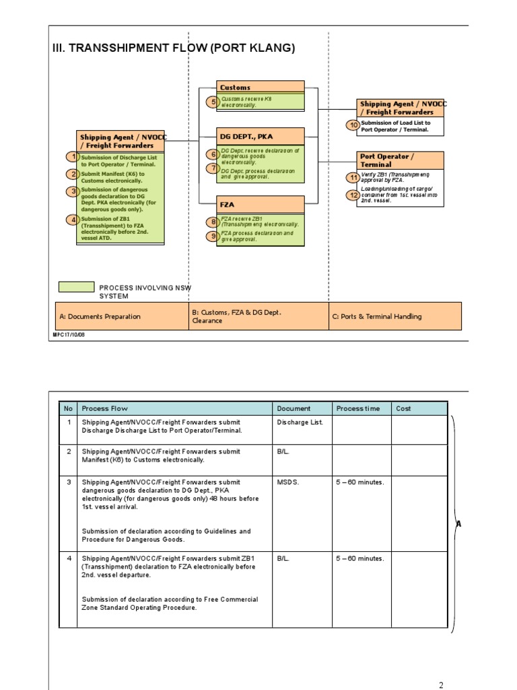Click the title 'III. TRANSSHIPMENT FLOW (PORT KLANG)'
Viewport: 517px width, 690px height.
[x=174, y=49]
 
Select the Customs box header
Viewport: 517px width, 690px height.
[x=261, y=87]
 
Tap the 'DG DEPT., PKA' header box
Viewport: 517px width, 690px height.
[x=261, y=136]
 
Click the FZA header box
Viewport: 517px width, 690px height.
[x=261, y=204]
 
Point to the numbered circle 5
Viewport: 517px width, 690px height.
[x=213, y=102]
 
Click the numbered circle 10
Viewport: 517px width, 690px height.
[x=353, y=125]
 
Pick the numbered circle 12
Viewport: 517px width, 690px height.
[x=353, y=195]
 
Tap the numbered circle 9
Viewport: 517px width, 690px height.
[x=213, y=236]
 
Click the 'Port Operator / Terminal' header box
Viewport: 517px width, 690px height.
[x=401, y=160]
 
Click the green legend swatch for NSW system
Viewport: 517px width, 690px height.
[x=76, y=287]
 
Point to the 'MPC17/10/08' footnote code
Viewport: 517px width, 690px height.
[x=69, y=334]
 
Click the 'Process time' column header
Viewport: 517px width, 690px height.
[x=358, y=408]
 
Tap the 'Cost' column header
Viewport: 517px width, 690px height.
[x=404, y=408]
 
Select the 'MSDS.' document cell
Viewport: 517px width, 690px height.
[x=287, y=482]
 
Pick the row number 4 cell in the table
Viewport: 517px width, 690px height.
[x=68, y=559]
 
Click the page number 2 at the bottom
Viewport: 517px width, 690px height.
[x=442, y=685]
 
